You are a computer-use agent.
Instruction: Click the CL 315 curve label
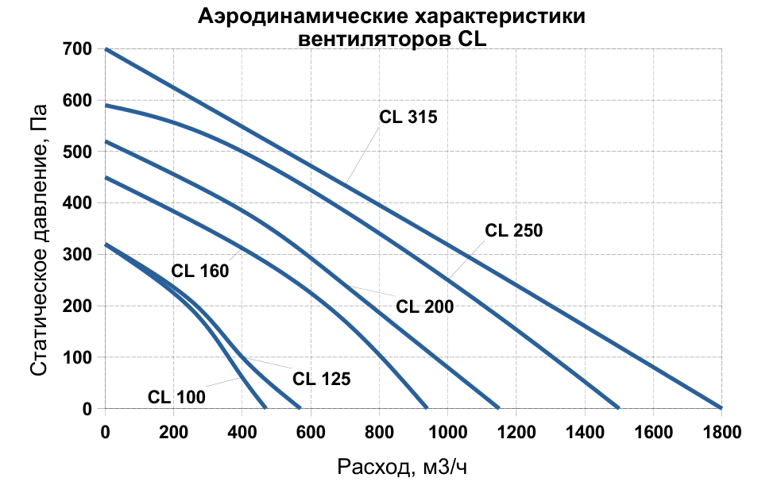coord(408,117)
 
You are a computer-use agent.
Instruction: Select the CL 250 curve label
coord(513,231)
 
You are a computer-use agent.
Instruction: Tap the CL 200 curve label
coord(424,306)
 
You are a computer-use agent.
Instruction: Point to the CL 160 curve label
coord(199,271)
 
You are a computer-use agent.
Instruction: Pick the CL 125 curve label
coord(321,379)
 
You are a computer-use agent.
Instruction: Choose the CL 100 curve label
coord(176,396)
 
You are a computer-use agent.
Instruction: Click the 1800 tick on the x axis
coord(721,432)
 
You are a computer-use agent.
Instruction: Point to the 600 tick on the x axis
coord(311,432)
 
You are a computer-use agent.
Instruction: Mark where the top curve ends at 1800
coord(721,408)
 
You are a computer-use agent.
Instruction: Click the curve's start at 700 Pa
coord(106,49)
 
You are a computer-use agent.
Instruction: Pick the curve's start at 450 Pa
coord(106,177)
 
